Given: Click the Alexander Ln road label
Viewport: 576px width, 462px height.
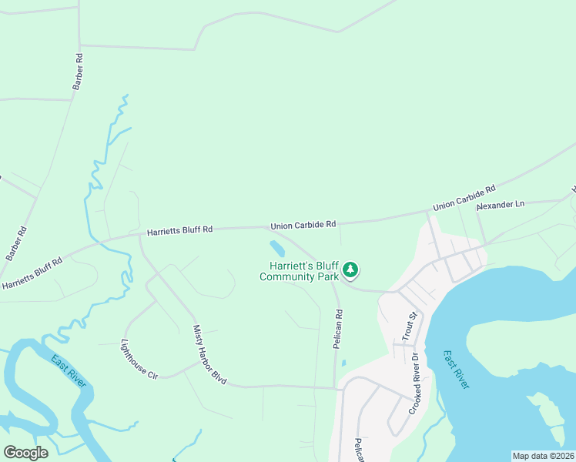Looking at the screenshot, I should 501,205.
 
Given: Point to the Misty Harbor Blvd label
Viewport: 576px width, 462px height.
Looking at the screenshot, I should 209,355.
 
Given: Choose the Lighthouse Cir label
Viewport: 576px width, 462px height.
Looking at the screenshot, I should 139,360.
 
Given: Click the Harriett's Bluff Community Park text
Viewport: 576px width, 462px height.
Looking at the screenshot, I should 300,271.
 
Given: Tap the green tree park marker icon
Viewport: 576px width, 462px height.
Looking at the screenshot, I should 351,269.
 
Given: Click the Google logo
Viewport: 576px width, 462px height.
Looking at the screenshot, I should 25,452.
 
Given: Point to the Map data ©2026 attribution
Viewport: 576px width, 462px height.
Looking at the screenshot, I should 543,456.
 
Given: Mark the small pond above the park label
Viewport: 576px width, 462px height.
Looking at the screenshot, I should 276,249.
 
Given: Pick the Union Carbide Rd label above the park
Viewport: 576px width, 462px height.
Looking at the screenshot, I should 303,226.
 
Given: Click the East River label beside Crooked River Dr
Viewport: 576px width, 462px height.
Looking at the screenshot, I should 456,370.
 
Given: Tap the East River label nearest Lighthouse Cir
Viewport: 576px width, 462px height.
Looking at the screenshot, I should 69,371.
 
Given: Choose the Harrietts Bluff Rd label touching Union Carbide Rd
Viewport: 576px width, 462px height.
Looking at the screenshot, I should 179,230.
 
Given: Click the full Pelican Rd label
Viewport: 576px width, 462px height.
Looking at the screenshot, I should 337,330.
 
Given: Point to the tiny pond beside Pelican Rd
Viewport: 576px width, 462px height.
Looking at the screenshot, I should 343,363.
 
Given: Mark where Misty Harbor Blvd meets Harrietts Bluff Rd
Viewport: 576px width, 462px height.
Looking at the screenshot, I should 139,236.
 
